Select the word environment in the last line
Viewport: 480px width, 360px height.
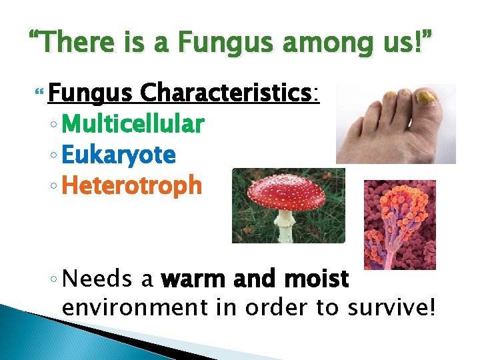[x=125, y=309]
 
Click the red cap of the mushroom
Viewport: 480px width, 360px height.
[x=287, y=193]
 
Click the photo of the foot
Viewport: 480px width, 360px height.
[x=395, y=123]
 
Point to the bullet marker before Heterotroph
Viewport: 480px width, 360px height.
[x=55, y=187]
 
